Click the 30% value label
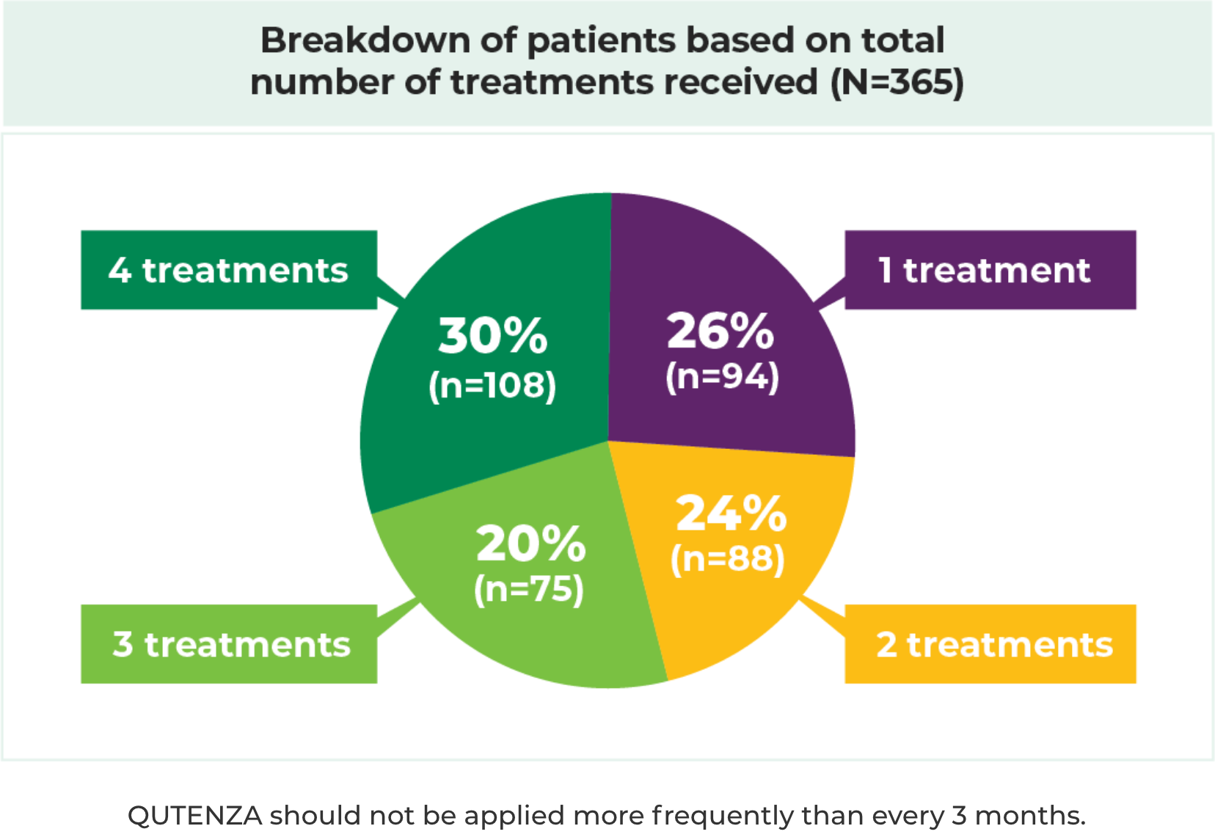point(492,336)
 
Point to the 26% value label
point(720,331)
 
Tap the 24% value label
point(731,513)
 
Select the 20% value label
point(530,544)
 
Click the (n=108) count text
point(492,385)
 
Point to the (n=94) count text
point(722,376)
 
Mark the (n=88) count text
point(727,559)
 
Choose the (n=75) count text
point(528,589)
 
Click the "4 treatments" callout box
point(228,270)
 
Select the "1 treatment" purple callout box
point(990,270)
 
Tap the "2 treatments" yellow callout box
point(990,644)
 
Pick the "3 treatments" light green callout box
point(228,644)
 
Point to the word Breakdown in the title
point(365,40)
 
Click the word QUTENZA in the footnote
point(194,815)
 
